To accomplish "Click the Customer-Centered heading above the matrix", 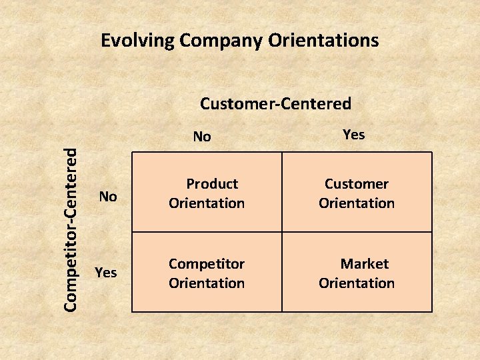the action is pyautogui.click(x=275, y=103).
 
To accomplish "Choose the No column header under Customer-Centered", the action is pyautogui.click(x=202, y=137).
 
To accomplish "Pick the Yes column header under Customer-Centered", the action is pyautogui.click(x=353, y=135).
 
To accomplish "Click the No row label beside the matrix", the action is pyautogui.click(x=108, y=196).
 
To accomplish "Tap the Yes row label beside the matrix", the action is pyautogui.click(x=107, y=272).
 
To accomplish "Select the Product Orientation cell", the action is pyautogui.click(x=207, y=193).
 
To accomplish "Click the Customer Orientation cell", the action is pyautogui.click(x=357, y=193).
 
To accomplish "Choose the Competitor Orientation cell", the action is pyautogui.click(x=207, y=273).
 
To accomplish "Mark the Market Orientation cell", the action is pyautogui.click(x=357, y=273).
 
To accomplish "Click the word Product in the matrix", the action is pyautogui.click(x=212, y=183).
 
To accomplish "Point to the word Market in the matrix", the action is pyautogui.click(x=364, y=263).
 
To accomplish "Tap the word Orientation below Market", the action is pyautogui.click(x=357, y=283).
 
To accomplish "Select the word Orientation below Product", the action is pyautogui.click(x=207, y=203).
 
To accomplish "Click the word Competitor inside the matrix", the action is pyautogui.click(x=207, y=263).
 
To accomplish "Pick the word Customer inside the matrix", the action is pyautogui.click(x=357, y=183).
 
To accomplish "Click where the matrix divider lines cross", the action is pyautogui.click(x=282, y=232).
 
